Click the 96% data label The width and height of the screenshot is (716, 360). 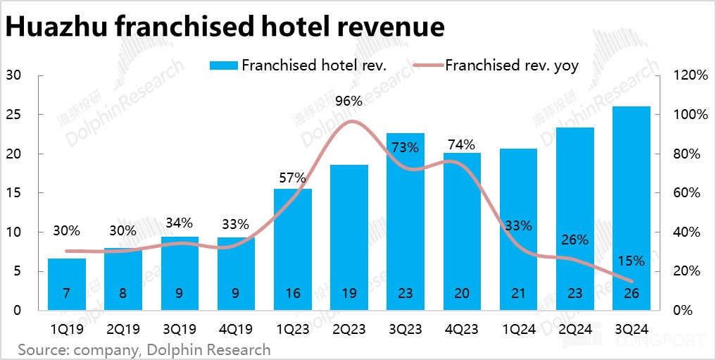pos(349,101)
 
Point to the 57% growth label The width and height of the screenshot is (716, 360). pos(292,178)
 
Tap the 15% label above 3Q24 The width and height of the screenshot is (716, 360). pos(631,261)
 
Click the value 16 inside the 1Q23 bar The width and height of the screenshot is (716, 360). pos(292,294)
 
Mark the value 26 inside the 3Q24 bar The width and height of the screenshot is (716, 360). pos(632,294)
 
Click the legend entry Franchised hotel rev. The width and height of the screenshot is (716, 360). pos(309,66)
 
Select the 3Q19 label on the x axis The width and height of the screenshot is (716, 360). pos(180,328)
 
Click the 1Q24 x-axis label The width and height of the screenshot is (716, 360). pos(518,328)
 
